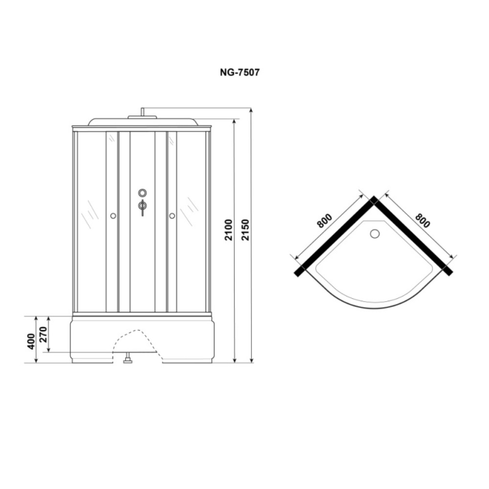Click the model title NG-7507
click(240, 72)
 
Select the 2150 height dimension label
click(246, 230)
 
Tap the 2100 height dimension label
click(228, 230)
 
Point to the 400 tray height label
click(31, 341)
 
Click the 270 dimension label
click(43, 334)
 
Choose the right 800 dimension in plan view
click(422, 221)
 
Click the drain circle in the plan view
click(375, 234)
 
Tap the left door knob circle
click(113, 216)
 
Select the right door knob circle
click(172, 216)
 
